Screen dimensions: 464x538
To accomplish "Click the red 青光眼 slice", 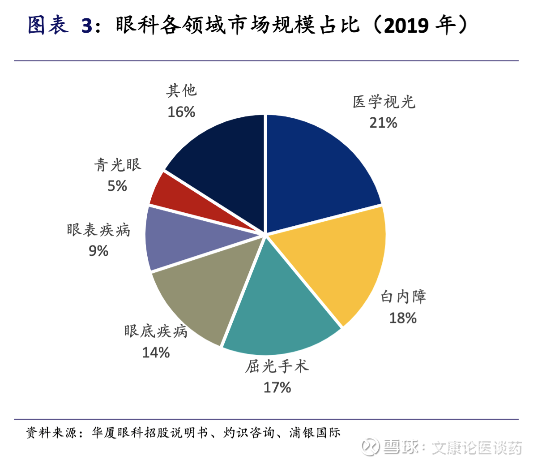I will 179,197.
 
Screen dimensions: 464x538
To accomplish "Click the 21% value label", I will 383,122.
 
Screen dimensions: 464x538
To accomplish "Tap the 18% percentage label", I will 403,318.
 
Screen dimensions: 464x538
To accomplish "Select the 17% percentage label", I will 277,387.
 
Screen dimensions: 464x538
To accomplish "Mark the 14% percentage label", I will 156,352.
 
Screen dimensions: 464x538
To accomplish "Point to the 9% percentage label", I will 98,251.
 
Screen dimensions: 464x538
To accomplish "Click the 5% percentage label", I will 117,185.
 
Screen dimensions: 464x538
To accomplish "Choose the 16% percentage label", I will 181,112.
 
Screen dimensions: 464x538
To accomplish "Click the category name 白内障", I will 403,296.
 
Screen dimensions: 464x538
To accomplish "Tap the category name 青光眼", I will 118,165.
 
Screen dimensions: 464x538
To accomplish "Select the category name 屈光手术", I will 277,366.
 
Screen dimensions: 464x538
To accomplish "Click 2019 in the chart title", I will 406,26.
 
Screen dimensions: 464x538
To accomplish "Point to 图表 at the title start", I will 48,26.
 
